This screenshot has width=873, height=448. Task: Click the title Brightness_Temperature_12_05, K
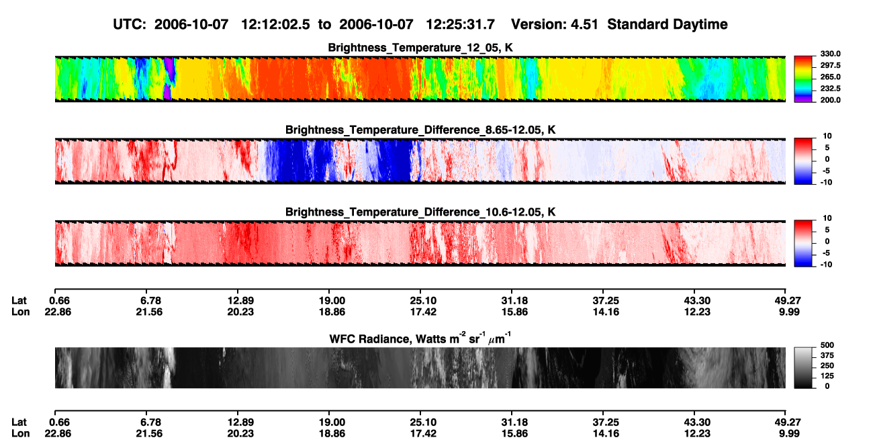click(420, 48)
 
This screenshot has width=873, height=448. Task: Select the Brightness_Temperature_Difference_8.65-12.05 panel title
click(420, 130)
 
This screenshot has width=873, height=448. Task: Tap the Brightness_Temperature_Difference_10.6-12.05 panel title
click(420, 212)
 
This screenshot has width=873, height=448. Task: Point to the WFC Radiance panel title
click(420, 339)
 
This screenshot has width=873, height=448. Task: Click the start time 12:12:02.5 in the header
click(275, 25)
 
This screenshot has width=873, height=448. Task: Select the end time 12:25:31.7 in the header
click(460, 25)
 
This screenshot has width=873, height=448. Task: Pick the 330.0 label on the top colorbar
click(830, 54)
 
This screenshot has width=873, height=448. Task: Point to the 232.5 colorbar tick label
click(830, 89)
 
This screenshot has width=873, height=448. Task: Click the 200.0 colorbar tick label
click(830, 100)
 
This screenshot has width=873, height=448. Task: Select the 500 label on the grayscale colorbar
click(827, 345)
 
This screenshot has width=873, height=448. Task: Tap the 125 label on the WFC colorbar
click(827, 376)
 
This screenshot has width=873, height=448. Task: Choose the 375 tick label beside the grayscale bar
click(827, 355)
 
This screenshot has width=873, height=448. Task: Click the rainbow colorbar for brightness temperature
click(803, 79)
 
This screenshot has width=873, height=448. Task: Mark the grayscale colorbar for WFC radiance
click(803, 367)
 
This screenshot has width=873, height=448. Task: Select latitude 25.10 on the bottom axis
click(423, 422)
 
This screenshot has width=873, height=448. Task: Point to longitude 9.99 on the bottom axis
click(789, 434)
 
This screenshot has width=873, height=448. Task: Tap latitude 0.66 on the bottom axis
click(60, 422)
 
